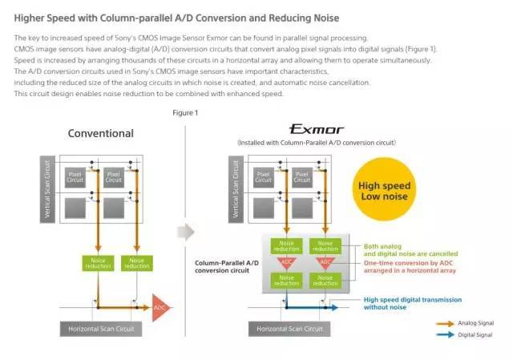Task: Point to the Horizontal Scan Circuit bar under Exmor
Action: (x=290, y=329)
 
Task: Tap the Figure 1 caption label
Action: (x=185, y=112)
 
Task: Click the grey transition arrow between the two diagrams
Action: (x=185, y=233)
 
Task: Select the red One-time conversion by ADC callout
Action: (x=410, y=267)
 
